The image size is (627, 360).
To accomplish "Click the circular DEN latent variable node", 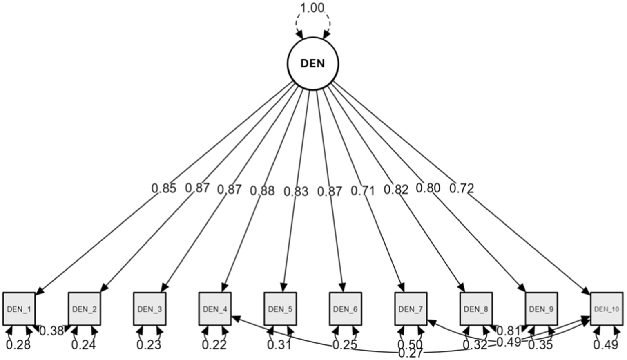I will click(312, 64).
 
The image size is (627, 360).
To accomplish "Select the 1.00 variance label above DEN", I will click(312, 8).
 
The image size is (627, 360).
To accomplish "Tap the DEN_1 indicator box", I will click(19, 309).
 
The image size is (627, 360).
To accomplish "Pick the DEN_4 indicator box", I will click(215, 309).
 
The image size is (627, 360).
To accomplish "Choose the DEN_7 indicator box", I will click(411, 309).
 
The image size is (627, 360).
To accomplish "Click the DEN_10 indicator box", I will click(607, 309).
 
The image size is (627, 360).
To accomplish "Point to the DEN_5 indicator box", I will click(280, 309).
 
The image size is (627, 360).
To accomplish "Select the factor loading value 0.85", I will click(164, 188).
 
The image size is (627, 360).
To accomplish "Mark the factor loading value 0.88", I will click(262, 190).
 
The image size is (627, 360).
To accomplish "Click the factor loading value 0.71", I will click(362, 190).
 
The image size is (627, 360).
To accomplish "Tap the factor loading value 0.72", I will click(462, 188).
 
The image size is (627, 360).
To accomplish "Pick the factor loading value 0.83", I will click(296, 191).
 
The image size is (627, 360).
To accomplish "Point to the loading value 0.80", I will click(428, 188).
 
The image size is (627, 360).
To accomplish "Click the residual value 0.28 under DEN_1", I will click(18, 345).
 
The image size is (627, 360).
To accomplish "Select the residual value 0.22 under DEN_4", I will click(214, 345).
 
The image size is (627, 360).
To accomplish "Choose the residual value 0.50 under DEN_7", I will click(410, 345).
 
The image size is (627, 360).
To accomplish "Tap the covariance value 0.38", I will click(51, 331).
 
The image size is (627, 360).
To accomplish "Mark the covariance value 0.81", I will click(509, 331).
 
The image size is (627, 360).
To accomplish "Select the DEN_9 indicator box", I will click(541, 309).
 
